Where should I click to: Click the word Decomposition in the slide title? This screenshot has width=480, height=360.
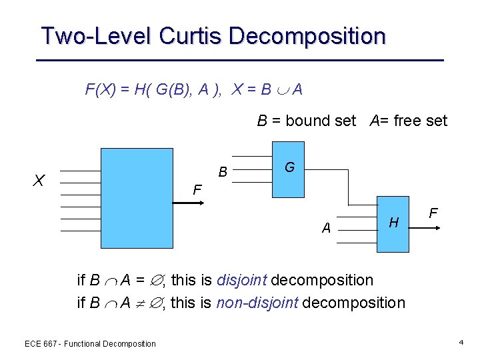[x=307, y=35]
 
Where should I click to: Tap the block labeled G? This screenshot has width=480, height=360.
[x=289, y=169]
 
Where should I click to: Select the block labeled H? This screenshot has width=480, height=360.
[x=393, y=223]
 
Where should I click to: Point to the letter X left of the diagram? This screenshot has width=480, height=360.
[x=39, y=180]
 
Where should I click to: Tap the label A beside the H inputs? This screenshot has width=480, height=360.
[x=326, y=228]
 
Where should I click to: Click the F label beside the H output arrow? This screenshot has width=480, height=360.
[x=433, y=214]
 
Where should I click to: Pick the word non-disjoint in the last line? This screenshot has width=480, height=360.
[x=258, y=303]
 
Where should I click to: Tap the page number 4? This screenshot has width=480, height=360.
[x=461, y=343]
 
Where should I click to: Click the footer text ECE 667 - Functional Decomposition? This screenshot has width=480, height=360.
[x=90, y=344]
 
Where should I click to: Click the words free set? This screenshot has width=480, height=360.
[x=421, y=121]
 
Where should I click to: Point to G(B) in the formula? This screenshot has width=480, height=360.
[x=169, y=89]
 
